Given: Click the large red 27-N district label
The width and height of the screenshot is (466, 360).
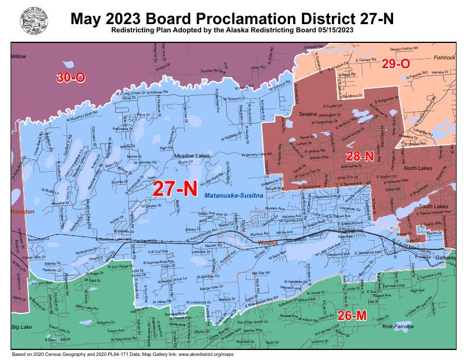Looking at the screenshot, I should (174, 188).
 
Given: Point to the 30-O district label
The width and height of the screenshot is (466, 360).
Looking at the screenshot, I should (71, 77).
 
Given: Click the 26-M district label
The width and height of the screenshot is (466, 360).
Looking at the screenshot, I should (352, 316).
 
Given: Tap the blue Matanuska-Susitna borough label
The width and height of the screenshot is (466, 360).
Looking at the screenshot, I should (234, 195).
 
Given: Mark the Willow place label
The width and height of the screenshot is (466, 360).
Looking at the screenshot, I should (19, 57).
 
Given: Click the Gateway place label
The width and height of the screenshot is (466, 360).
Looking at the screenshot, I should (445, 258).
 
